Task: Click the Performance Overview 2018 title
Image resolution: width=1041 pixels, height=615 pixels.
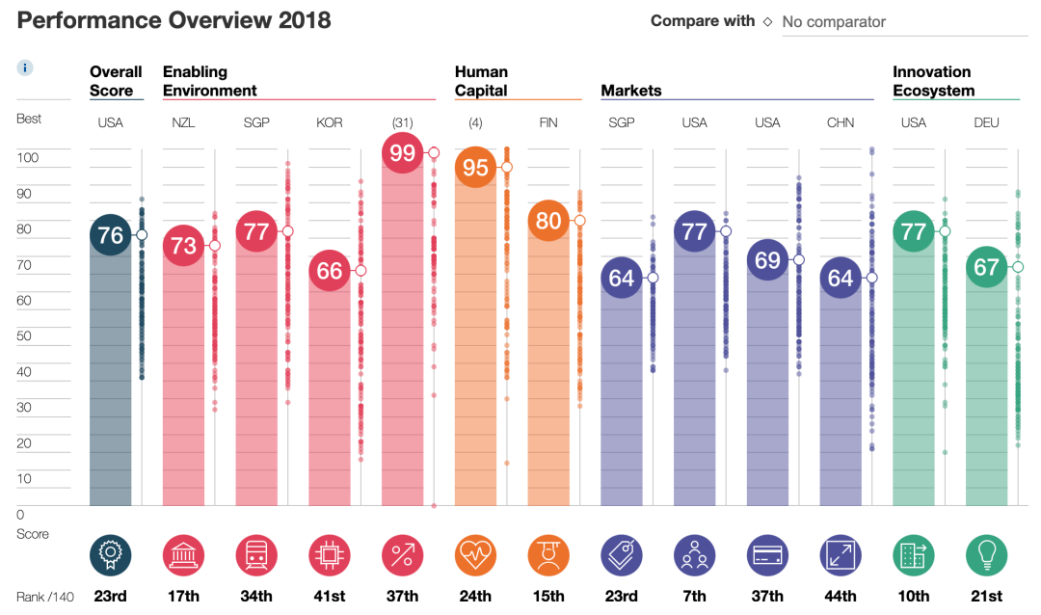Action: coord(174,20)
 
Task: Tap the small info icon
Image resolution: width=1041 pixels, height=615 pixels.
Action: coord(26,67)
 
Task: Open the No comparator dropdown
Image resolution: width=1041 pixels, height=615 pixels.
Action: coord(900,21)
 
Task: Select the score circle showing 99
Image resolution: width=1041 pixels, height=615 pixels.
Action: coord(403,152)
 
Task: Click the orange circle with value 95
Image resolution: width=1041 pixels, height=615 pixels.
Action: coord(475,168)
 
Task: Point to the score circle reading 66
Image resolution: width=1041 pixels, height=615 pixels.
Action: coord(330,271)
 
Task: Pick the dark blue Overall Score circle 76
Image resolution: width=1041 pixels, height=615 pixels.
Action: coord(111,235)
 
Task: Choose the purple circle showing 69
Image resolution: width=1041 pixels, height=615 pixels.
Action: coord(767,260)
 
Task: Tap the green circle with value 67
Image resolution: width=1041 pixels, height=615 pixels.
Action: coord(986,267)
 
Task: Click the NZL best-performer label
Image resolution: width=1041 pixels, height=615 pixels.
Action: coord(183,122)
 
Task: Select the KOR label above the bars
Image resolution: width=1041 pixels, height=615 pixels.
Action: coord(330,122)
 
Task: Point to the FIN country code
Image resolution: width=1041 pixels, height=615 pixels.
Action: coord(548,122)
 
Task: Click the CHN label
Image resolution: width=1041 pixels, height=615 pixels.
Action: coord(841,122)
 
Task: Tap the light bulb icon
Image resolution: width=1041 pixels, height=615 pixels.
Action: coord(986,555)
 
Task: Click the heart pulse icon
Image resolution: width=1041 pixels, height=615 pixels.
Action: coord(475,555)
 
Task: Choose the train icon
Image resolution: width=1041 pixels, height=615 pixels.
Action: coord(256,555)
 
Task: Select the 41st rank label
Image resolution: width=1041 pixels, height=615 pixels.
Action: coord(330,597)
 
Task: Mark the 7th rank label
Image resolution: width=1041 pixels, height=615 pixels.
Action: coord(694,597)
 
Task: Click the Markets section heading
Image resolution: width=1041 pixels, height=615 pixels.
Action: coord(631,91)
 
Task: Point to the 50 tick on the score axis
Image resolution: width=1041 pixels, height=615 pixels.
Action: coord(28,336)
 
